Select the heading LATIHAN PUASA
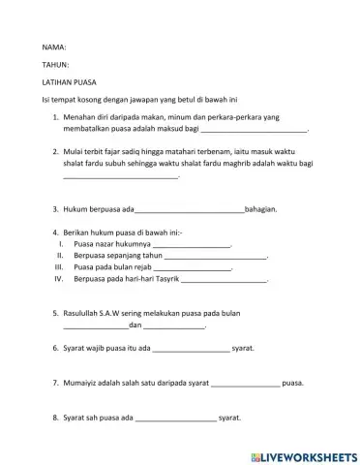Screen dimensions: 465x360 tap(71, 83)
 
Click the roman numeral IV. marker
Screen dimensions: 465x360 tap(58, 278)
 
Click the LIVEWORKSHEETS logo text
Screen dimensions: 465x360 tap(303, 455)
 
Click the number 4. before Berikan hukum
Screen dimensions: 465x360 tap(55, 233)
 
